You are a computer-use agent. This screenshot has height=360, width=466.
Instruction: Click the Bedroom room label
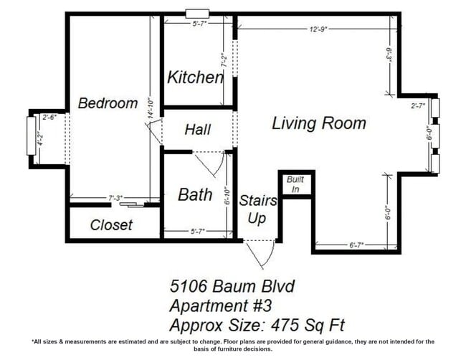pyautogui.click(x=108, y=103)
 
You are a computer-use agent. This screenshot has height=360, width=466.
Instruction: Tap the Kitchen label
pyautogui.click(x=194, y=77)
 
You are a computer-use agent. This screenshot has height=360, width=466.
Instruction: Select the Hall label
pyautogui.click(x=197, y=130)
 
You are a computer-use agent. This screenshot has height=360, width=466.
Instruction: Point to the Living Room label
pyautogui.click(x=318, y=123)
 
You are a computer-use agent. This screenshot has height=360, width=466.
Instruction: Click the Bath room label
pyautogui.click(x=194, y=194)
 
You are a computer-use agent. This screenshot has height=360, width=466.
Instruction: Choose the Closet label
pyautogui.click(x=111, y=225)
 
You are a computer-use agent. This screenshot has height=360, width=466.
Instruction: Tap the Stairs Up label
pyautogui.click(x=254, y=209)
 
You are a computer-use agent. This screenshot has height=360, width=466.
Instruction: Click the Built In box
pyautogui.click(x=295, y=184)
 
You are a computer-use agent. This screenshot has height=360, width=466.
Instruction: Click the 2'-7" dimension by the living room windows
pyautogui.click(x=418, y=105)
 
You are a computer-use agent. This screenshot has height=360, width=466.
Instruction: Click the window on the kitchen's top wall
pyautogui.click(x=195, y=14)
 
